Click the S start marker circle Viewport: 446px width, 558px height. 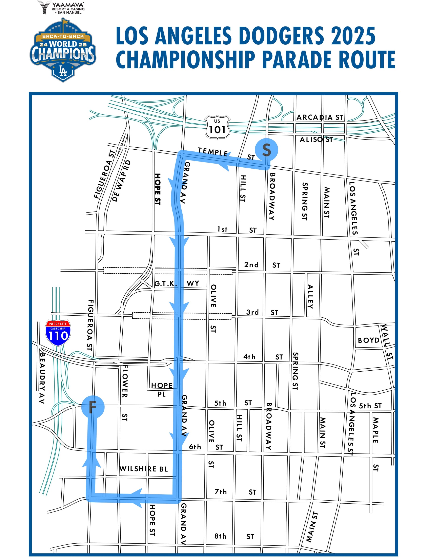pos(266,150)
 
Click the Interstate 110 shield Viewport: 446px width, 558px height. pos(58,333)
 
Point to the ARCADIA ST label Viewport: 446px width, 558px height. pos(320,117)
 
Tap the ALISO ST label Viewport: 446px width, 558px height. pos(316,140)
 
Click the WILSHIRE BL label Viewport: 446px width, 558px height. pos(143,469)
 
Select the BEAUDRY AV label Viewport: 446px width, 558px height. pos(42,378)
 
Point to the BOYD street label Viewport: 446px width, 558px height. pos(368,340)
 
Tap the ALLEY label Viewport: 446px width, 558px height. pos(310,297)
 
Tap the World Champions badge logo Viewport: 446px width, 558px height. pos(63,51)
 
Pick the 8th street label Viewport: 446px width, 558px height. pos(220,536)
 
